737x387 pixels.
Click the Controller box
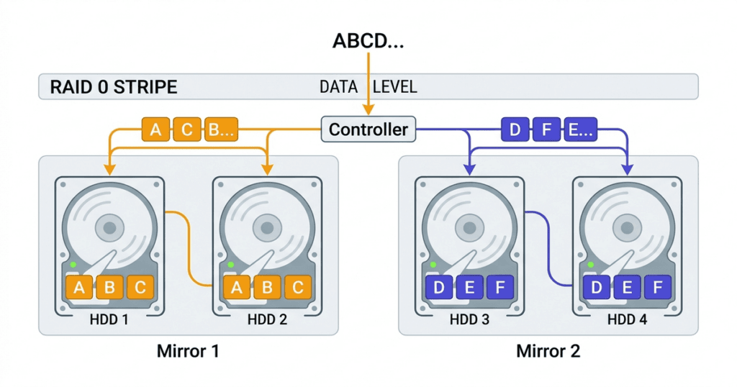pyautogui.click(x=368, y=130)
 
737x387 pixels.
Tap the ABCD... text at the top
pyautogui.click(x=368, y=41)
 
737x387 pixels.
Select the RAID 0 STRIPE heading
pyautogui.click(x=114, y=88)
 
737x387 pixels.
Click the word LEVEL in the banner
pyautogui.click(x=394, y=88)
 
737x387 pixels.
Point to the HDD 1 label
pyautogui.click(x=110, y=319)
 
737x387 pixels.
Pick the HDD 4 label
pyautogui.click(x=627, y=319)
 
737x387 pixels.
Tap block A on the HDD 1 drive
pyautogui.click(x=80, y=288)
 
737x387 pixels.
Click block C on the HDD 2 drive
pyautogui.click(x=298, y=288)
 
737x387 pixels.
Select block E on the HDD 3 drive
pyautogui.click(x=469, y=288)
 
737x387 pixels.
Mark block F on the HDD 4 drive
pyautogui.click(x=657, y=288)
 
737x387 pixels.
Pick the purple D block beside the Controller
pyautogui.click(x=515, y=130)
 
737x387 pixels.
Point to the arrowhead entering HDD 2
pyautogui.click(x=267, y=170)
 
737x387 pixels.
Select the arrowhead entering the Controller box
pyautogui.click(x=368, y=111)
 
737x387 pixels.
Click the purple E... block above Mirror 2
pyautogui.click(x=579, y=130)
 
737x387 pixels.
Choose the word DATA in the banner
pyautogui.click(x=338, y=88)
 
